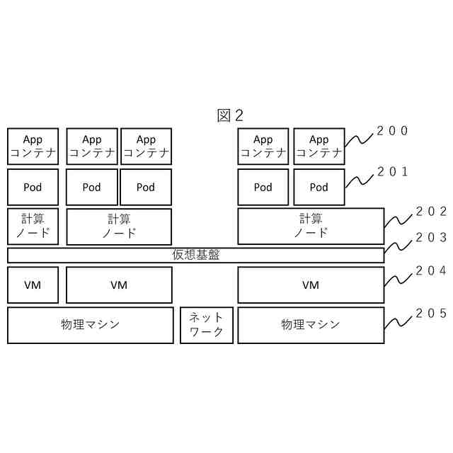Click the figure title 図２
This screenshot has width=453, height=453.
[x=230, y=115]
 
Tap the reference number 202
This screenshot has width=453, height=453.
[x=430, y=211]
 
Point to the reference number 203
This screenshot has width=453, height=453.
[x=430, y=238]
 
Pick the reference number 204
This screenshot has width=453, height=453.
[x=430, y=270]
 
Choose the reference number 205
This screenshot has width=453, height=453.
[x=430, y=313]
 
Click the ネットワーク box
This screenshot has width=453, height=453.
[x=206, y=325]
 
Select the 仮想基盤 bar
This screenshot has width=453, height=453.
[x=195, y=255]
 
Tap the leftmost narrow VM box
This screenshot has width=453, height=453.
[x=33, y=285]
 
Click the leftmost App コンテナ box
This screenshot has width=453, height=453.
[x=33, y=146]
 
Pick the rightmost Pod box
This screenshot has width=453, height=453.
[x=319, y=187]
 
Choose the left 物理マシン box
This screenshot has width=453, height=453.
[x=91, y=325]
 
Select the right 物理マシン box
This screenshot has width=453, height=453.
[x=311, y=325]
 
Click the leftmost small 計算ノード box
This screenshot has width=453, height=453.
[x=33, y=226]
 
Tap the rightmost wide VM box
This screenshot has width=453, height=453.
[x=311, y=285]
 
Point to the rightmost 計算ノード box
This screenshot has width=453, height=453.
[x=311, y=226]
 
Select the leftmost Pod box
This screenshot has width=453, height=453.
[x=33, y=187]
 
